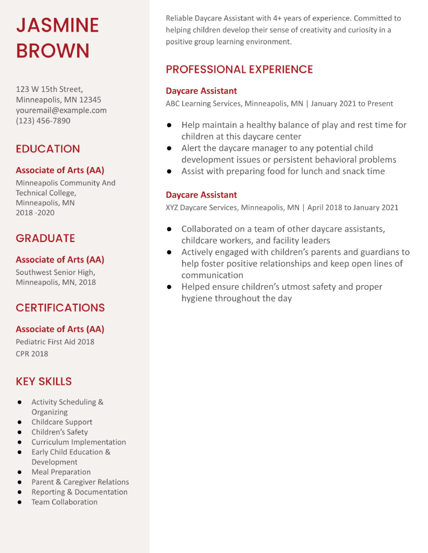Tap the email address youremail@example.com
point(61,110)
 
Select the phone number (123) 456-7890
point(43,121)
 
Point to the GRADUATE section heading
point(45,238)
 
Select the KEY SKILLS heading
point(44,382)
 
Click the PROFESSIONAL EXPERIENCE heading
point(239,69)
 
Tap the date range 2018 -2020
point(35,213)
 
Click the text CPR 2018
point(32,354)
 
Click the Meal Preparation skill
point(61,472)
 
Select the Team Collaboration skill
point(64,502)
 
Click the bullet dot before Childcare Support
point(19,422)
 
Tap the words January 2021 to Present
point(352,104)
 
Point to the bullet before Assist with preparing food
point(169,171)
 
